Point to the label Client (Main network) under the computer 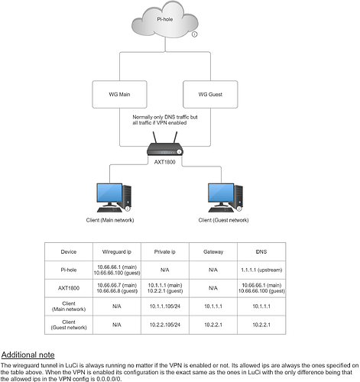(x=109, y=219)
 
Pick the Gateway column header (x=212, y=250)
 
